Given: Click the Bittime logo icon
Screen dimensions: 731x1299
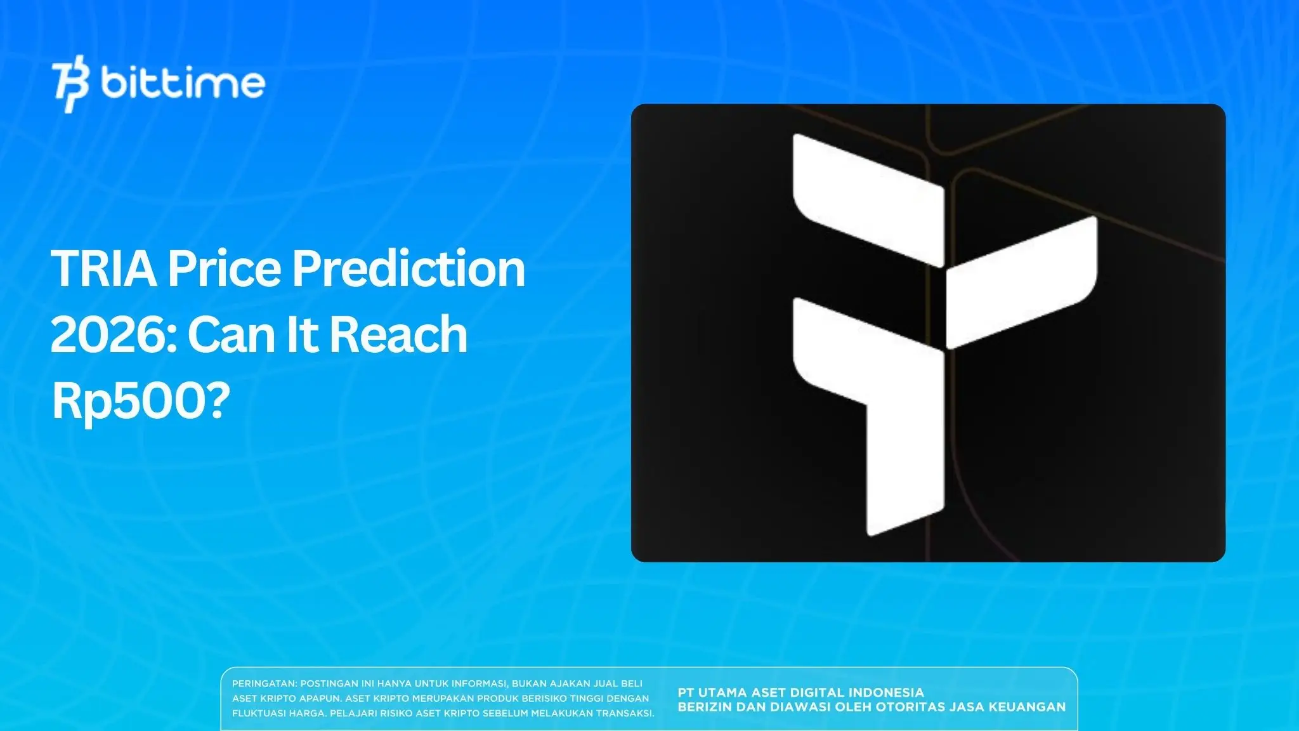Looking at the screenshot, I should [70, 86].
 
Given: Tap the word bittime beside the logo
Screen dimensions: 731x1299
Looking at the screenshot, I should [182, 83].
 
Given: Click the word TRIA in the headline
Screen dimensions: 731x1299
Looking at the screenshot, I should [103, 269].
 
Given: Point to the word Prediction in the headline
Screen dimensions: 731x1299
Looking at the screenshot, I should [408, 269].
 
